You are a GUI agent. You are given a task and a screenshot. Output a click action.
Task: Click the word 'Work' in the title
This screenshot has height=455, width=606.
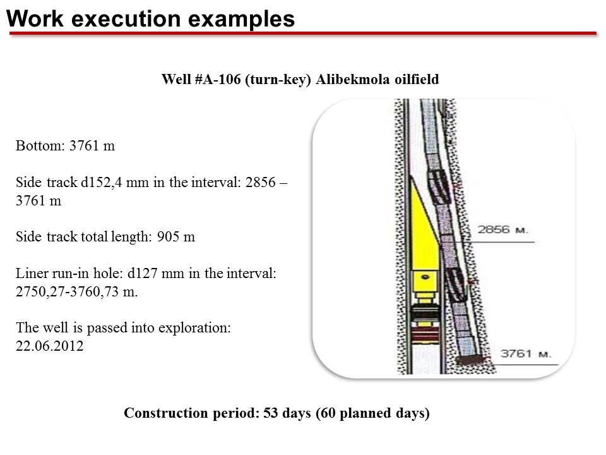[x=35, y=18]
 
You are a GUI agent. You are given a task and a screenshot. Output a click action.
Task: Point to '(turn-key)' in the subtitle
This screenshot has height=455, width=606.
[x=278, y=80]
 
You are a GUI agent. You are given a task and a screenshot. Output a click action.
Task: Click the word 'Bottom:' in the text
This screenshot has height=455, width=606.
[x=40, y=146]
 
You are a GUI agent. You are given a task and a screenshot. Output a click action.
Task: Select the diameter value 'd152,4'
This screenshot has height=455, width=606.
[x=101, y=182]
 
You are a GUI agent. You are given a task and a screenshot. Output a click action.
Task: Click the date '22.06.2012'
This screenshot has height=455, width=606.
[x=49, y=346]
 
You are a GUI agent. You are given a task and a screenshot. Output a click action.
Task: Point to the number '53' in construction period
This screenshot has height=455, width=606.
[x=271, y=413]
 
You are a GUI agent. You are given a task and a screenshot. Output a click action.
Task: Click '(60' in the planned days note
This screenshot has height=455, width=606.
[x=326, y=413]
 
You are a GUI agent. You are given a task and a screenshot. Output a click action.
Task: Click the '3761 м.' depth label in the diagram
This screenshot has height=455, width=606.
[x=526, y=354]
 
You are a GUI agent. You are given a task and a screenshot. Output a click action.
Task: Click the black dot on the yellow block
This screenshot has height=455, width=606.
[x=425, y=277]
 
